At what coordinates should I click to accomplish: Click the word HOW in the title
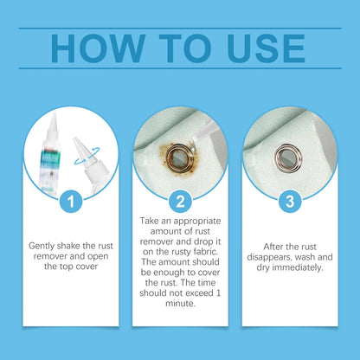98,48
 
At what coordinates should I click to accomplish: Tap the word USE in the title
266,48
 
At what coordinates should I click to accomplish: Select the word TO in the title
185,48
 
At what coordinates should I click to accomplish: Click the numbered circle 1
71,202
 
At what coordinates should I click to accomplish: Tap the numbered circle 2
180,202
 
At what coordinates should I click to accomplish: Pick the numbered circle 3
290,202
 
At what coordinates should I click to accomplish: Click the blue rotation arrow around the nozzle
87,156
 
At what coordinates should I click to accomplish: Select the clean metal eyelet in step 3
288,158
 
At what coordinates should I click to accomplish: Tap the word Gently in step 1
42,247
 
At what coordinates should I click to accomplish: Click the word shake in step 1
68,246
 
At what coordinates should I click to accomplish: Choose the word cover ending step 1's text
86,267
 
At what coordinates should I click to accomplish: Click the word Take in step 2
149,221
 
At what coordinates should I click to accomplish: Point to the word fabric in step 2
206,252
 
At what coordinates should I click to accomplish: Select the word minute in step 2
181,303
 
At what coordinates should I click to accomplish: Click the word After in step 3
273,247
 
